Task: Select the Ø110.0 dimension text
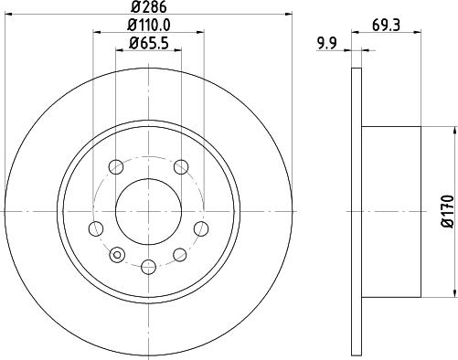[148, 27]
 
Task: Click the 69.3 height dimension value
[385, 26]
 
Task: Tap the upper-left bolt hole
[115, 167]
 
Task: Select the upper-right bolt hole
[182, 166]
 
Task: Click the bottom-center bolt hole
[148, 267]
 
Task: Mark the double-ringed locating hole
[115, 253]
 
